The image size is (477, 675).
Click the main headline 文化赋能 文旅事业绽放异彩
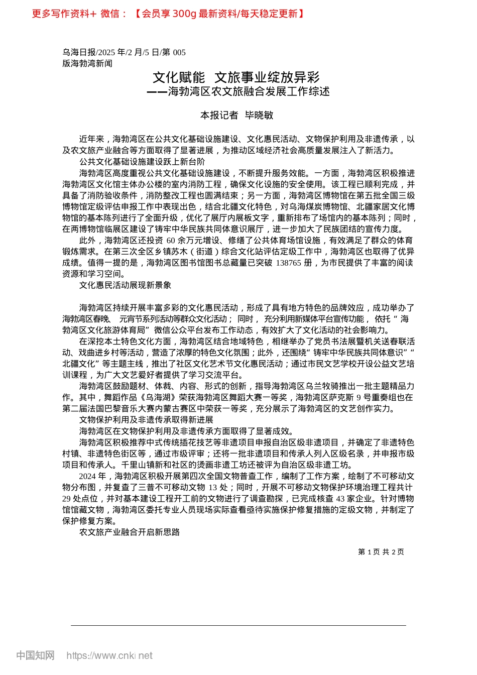[236, 77]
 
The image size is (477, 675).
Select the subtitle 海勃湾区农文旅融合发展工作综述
[249, 91]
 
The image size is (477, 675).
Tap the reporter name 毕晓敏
[259, 115]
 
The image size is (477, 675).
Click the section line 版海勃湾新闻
[87, 63]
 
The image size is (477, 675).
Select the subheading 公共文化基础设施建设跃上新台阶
[142, 162]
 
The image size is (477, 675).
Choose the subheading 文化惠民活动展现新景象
[125, 285]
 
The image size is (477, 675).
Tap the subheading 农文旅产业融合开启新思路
[129, 532]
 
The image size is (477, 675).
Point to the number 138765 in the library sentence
[288, 263]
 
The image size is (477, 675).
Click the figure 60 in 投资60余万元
[171, 240]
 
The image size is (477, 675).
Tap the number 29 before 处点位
[67, 498]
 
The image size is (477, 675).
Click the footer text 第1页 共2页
[381, 552]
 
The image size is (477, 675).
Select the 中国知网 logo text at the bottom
[35, 655]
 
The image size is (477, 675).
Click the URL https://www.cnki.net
[109, 655]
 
